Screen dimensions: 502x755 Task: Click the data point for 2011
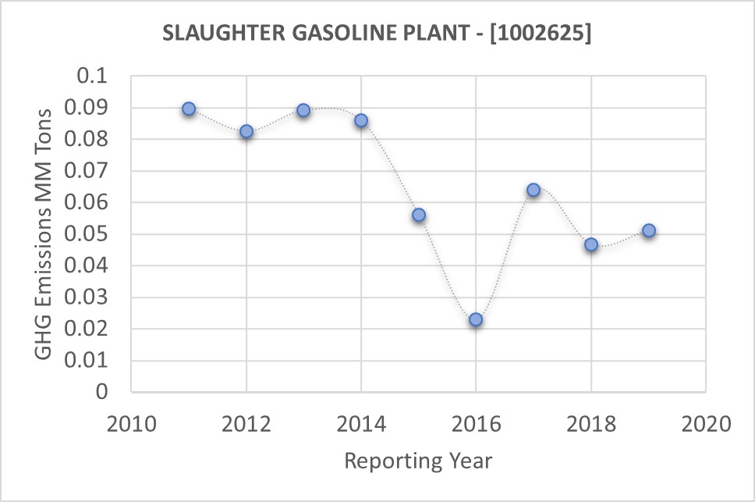click(189, 109)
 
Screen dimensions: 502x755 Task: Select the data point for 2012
click(246, 132)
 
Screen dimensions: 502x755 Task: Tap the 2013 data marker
click(303, 110)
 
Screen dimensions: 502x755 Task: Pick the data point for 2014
click(361, 120)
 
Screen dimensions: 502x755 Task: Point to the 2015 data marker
click(419, 215)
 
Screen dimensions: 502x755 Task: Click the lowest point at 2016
click(476, 319)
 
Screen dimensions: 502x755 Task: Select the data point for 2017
click(533, 190)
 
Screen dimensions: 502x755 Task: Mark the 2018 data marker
click(591, 244)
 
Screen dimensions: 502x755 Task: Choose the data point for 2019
click(648, 230)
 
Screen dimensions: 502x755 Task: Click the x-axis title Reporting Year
click(419, 461)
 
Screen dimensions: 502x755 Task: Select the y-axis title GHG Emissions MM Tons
click(44, 234)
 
